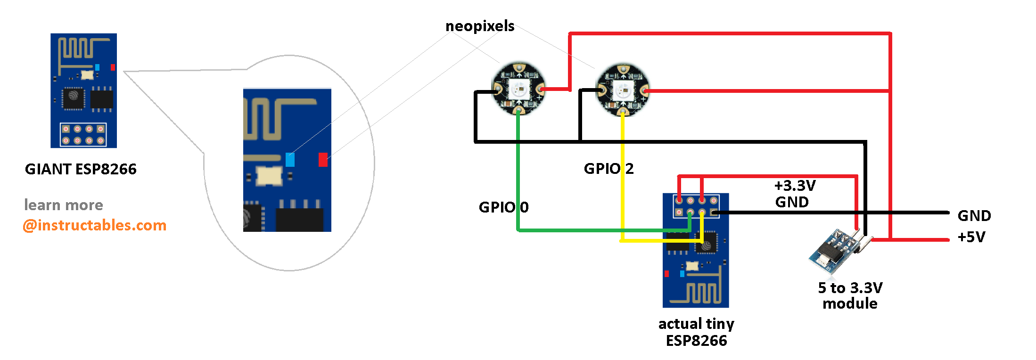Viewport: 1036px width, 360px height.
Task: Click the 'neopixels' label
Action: (x=480, y=26)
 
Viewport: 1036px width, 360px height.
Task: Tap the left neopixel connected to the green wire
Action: (x=518, y=89)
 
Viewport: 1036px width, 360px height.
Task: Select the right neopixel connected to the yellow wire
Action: (x=623, y=90)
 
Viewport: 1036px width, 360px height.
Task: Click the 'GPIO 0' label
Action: (x=503, y=207)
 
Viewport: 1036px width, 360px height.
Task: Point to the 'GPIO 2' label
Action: (x=608, y=169)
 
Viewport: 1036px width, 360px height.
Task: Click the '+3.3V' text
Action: (x=795, y=186)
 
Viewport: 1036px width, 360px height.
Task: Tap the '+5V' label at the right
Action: (x=971, y=237)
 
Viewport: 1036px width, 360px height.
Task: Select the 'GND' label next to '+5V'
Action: (x=974, y=216)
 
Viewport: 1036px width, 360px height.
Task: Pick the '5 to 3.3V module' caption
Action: (x=850, y=295)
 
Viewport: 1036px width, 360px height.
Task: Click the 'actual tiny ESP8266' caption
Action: (x=696, y=332)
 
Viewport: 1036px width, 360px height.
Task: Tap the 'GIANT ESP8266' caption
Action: (x=81, y=169)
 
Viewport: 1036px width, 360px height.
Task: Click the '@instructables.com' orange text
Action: (x=95, y=225)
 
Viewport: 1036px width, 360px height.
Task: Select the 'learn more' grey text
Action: (x=64, y=205)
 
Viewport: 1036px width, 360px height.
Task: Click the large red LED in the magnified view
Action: (x=323, y=159)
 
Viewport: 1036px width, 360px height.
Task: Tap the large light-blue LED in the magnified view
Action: (x=290, y=159)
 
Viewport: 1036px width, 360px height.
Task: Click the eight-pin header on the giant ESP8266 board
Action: (x=83, y=134)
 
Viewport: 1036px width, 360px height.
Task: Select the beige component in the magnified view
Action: (x=269, y=176)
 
